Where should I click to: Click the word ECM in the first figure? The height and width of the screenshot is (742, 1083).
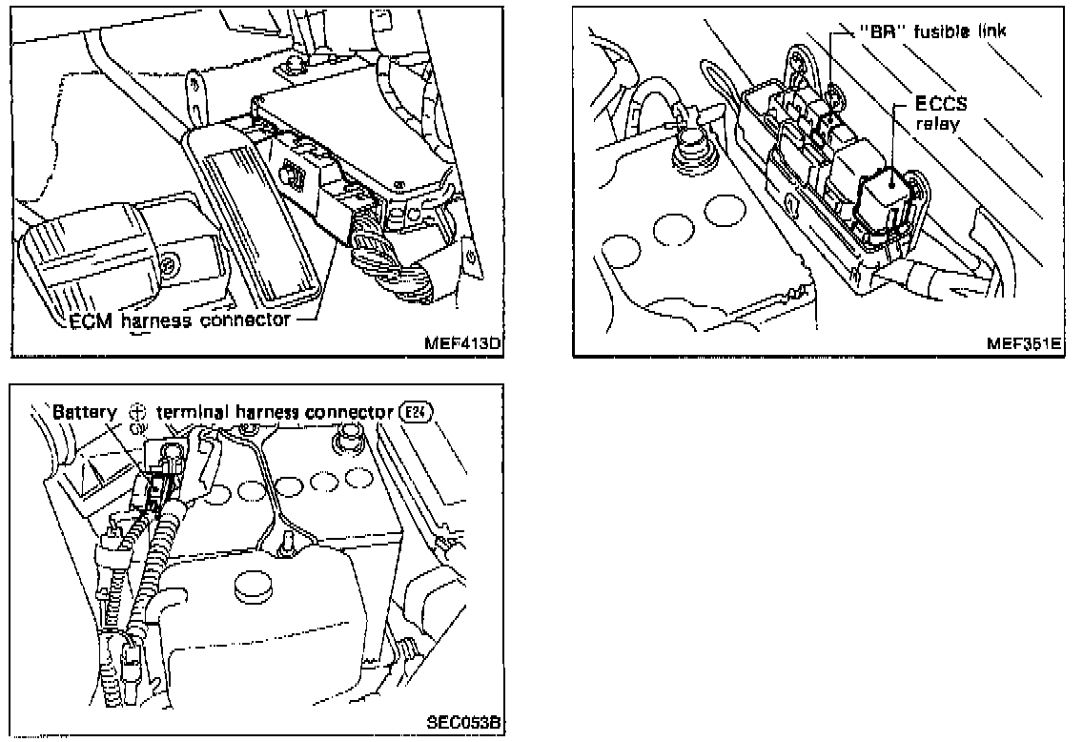click(90, 319)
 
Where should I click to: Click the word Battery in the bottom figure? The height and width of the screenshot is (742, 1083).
click(83, 412)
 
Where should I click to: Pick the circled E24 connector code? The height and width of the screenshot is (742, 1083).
click(407, 412)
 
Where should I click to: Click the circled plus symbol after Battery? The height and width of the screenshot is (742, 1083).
click(136, 412)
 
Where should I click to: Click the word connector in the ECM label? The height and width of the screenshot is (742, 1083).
click(246, 319)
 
